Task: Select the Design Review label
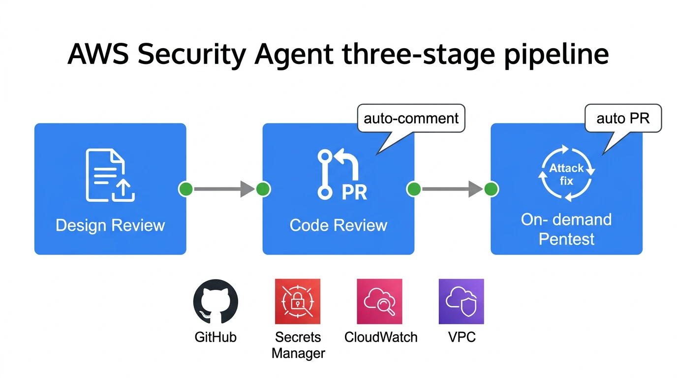[110, 225]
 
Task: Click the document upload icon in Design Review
[110, 175]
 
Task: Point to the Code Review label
[338, 225]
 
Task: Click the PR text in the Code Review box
[354, 192]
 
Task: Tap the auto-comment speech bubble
[411, 119]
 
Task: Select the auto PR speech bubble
[623, 119]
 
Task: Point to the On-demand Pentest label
[567, 229]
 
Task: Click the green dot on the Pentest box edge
[491, 189]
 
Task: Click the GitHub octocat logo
[215, 302]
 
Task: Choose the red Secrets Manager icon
[298, 302]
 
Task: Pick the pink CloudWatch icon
[379, 302]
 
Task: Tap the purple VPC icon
[461, 302]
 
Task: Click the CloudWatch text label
[381, 338]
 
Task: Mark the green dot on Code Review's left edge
[263, 189]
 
